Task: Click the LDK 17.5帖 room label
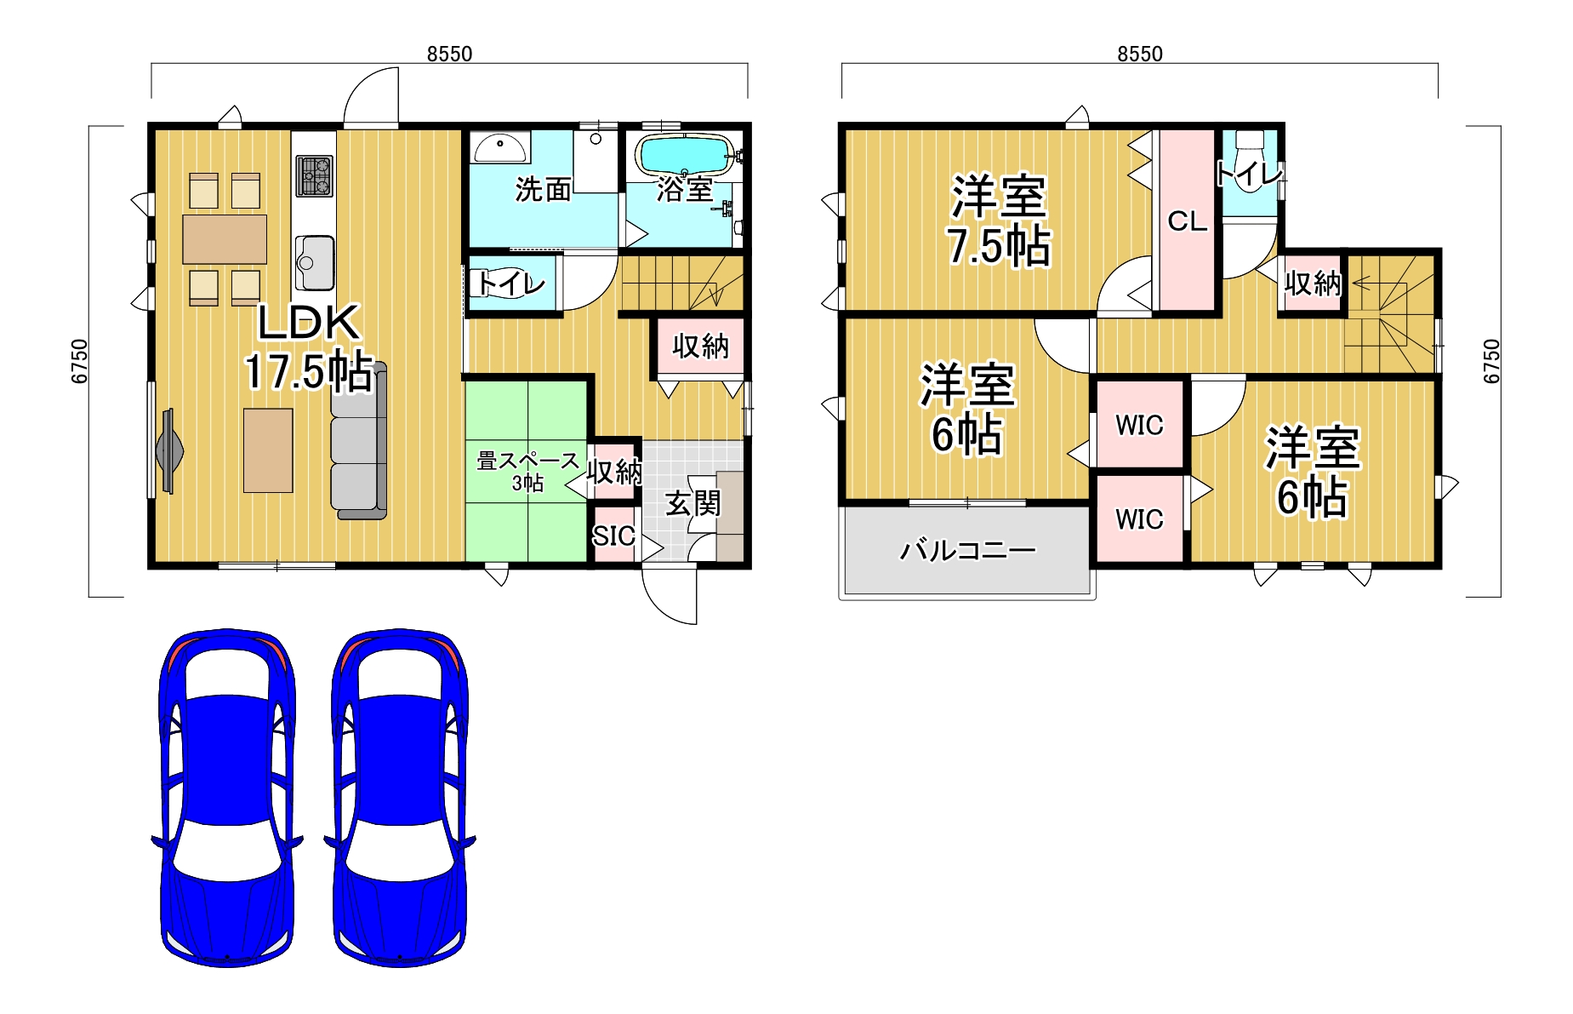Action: [309, 347]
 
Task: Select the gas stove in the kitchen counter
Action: [314, 176]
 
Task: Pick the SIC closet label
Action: [613, 536]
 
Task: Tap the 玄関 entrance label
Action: [692, 503]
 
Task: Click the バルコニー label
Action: [967, 551]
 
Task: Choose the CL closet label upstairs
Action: [1187, 221]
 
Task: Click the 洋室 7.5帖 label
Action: [999, 221]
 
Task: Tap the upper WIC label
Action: [1139, 425]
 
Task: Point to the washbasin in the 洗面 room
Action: [499, 149]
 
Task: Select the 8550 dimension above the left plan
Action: [449, 54]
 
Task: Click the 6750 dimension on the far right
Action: [1491, 361]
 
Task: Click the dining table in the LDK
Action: [225, 239]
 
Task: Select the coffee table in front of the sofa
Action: [268, 450]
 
